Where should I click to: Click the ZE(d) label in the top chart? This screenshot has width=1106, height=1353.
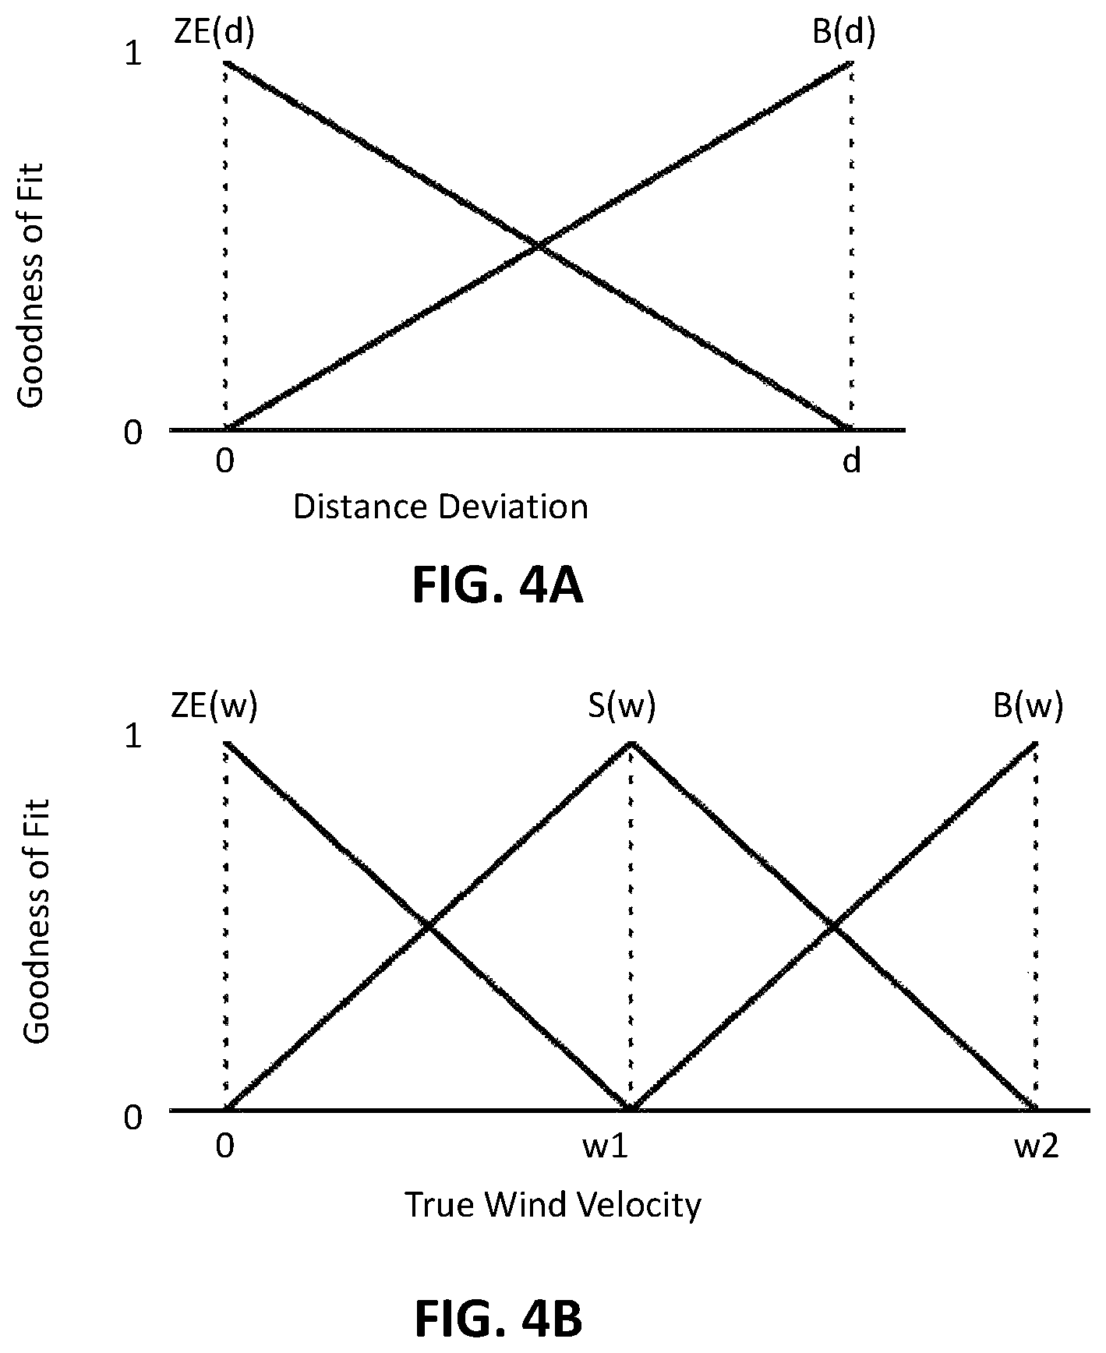tap(213, 33)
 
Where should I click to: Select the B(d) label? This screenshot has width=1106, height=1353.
tap(843, 33)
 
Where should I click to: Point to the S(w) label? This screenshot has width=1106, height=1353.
tap(621, 706)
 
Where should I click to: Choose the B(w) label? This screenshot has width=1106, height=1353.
tap(1027, 706)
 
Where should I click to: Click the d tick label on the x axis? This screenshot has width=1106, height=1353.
tap(852, 461)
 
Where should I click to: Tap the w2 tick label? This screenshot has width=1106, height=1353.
tap(1036, 1147)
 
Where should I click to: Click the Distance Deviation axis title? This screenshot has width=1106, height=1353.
tap(440, 507)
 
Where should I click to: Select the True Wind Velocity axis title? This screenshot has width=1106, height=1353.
tap(553, 1205)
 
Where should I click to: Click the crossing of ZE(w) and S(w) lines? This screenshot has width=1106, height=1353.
tap(428, 926)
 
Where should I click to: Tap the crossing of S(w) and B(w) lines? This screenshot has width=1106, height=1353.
tap(833, 926)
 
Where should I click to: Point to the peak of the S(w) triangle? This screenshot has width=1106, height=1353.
tap(631, 742)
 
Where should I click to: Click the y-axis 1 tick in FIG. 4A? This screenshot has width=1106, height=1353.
tap(133, 55)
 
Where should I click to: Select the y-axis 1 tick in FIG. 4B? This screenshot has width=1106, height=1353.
tap(133, 736)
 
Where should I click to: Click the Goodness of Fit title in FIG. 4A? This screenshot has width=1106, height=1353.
tap(31, 284)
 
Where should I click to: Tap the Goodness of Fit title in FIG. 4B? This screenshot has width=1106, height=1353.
tap(36, 920)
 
